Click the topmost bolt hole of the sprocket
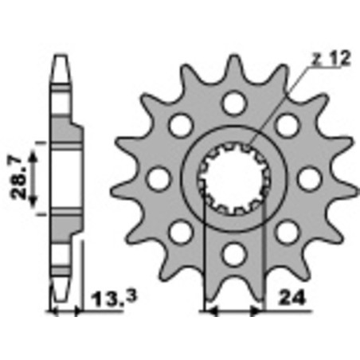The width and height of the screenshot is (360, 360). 233,101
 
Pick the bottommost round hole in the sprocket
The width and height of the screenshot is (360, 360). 233,254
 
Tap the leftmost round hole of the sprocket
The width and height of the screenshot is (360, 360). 157,178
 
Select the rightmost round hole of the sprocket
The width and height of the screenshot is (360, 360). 310,178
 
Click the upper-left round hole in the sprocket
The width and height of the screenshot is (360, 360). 179,123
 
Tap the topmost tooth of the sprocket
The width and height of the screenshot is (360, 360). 233,65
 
